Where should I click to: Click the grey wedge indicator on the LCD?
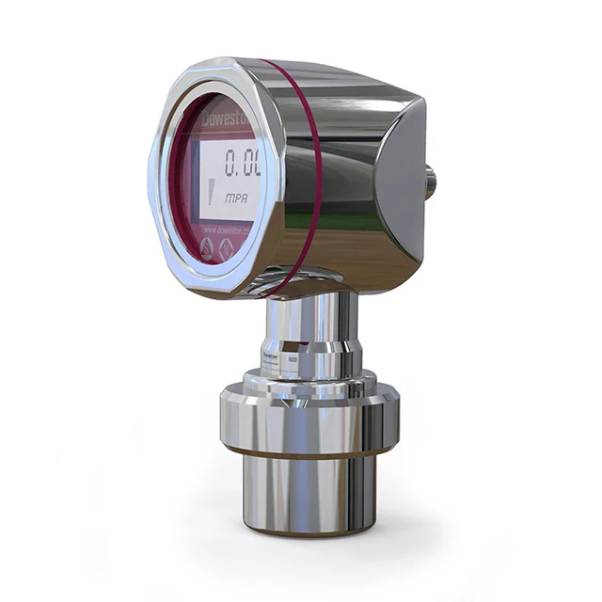(212, 192)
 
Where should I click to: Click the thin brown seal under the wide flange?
(301, 454)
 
